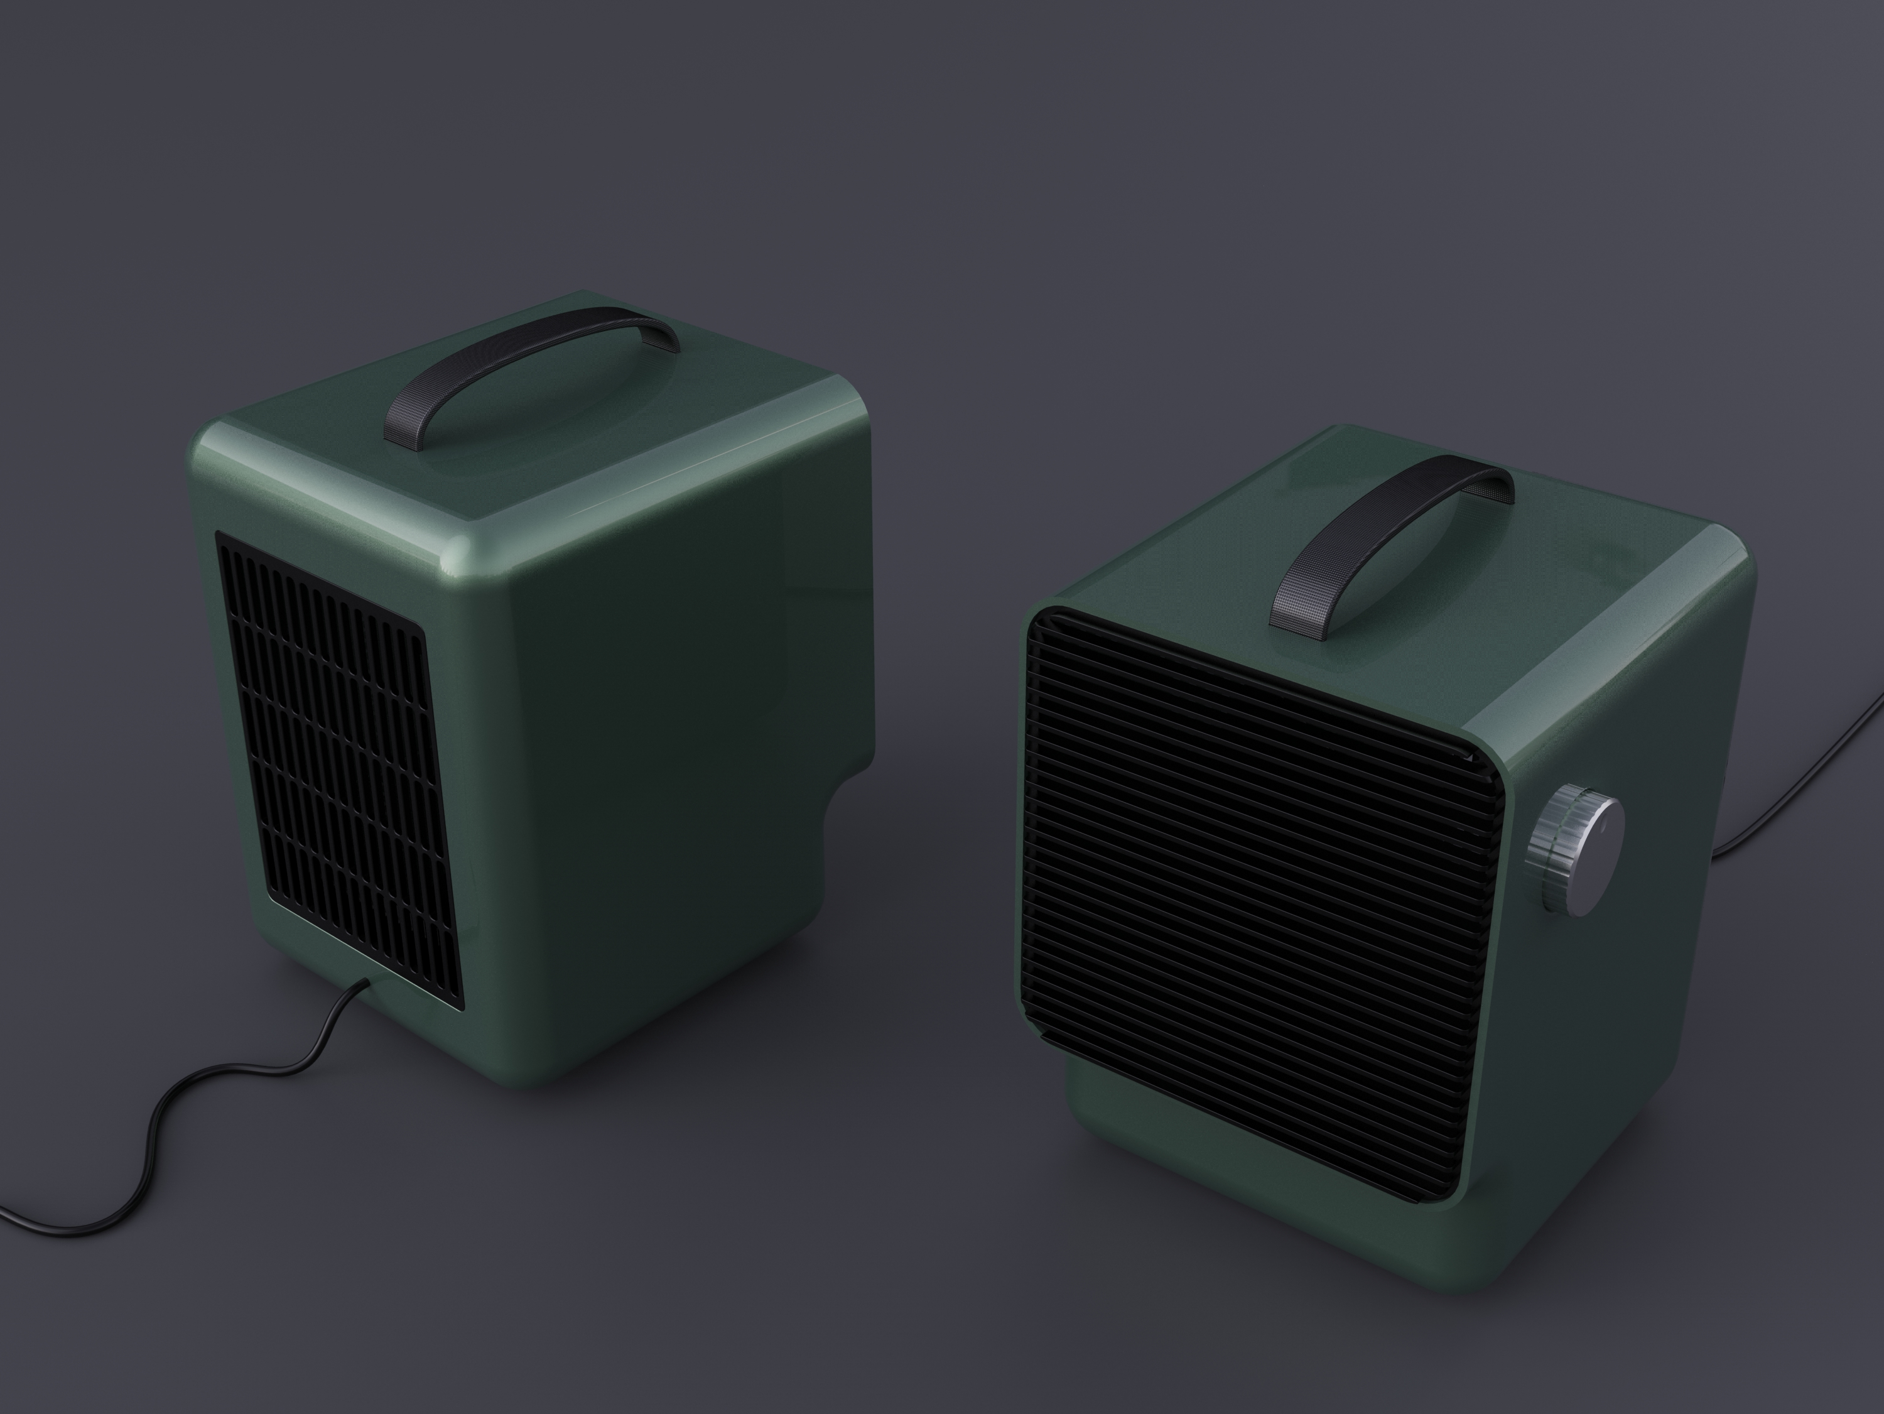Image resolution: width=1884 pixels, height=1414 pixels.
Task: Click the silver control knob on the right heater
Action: [x=1578, y=839]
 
